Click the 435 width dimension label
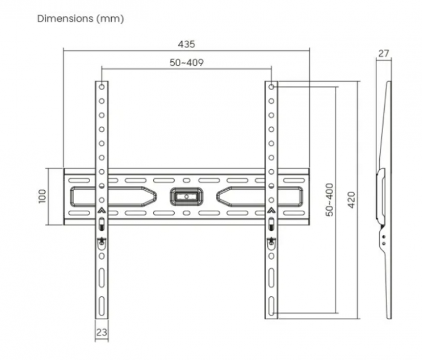pyautogui.click(x=186, y=44)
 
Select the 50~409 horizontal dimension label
pyautogui.click(x=187, y=62)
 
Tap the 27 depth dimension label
pyautogui.click(x=384, y=53)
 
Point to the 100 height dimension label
pyautogui.click(x=42, y=196)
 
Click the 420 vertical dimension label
pyautogui.click(x=352, y=200)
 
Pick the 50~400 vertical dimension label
pyautogui.click(x=330, y=200)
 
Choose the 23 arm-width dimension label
pyautogui.click(x=101, y=332)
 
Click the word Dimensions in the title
pyautogui.click(x=65, y=19)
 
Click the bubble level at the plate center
pyautogui.click(x=186, y=197)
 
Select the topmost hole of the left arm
pyautogui.click(x=101, y=87)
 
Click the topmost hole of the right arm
pyautogui.click(x=271, y=87)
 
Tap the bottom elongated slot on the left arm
pyautogui.click(x=101, y=306)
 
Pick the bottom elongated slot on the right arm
pyautogui.click(x=271, y=306)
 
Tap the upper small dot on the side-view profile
pyautogui.click(x=384, y=237)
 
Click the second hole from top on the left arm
pyautogui.click(x=101, y=101)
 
